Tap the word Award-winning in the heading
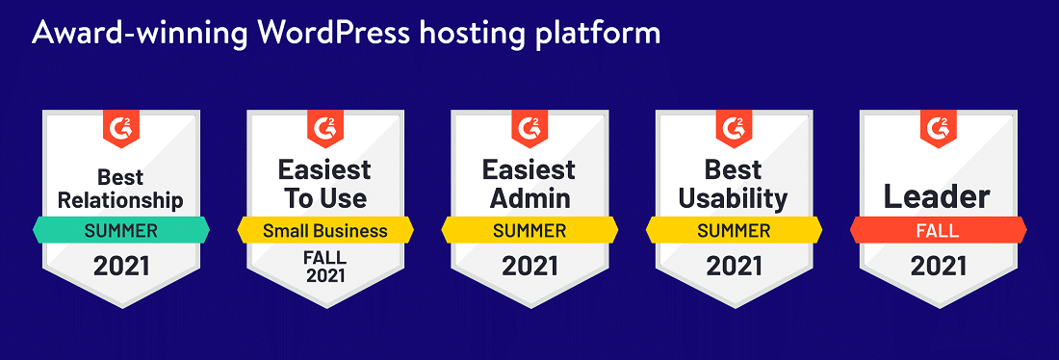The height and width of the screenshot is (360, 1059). pyautogui.click(x=140, y=34)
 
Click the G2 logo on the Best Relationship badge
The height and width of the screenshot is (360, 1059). pyautogui.click(x=121, y=128)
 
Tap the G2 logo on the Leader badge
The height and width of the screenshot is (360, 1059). pyautogui.click(x=938, y=128)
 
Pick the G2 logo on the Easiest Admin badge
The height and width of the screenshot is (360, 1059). pyautogui.click(x=529, y=128)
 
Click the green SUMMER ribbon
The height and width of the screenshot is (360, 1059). pyautogui.click(x=121, y=230)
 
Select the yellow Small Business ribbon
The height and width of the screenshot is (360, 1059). pyautogui.click(x=325, y=230)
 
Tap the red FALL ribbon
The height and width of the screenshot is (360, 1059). pyautogui.click(x=938, y=230)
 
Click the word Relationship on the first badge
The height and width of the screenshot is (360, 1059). pyautogui.click(x=121, y=200)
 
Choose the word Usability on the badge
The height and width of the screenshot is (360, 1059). pyautogui.click(x=734, y=199)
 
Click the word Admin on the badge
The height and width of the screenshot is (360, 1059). pyautogui.click(x=530, y=198)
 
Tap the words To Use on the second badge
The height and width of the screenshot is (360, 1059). pyautogui.click(x=325, y=198)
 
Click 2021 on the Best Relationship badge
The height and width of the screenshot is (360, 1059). pyautogui.click(x=121, y=266)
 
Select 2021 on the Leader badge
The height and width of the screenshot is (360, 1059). pyautogui.click(x=938, y=266)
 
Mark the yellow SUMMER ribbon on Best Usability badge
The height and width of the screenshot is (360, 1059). pyautogui.click(x=735, y=230)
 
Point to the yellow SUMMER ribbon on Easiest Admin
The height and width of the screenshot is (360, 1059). pyautogui.click(x=529, y=230)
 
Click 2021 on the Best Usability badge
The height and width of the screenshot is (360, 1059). pyautogui.click(x=735, y=266)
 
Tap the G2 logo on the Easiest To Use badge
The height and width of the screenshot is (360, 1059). pyautogui.click(x=325, y=128)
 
